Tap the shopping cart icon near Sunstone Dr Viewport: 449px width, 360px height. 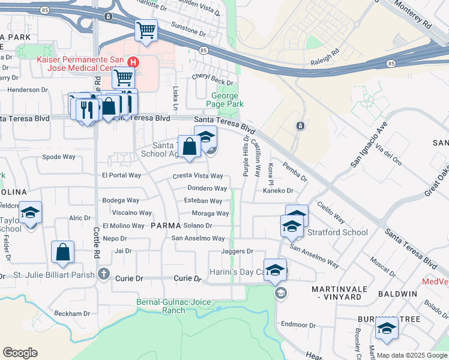pos(146,29)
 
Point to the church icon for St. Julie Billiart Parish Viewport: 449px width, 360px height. pos(104,274)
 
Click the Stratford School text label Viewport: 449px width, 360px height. pos(338,232)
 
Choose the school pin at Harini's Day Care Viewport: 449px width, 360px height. pos(275,269)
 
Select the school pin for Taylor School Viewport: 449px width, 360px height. pos(30,213)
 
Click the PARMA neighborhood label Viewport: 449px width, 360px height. pos(165,226)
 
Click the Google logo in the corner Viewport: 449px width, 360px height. pos(20,353)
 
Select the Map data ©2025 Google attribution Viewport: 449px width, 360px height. pos(412,355)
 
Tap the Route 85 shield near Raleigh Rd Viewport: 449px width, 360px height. pos(391,63)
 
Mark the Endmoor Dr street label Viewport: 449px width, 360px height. pos(294,324)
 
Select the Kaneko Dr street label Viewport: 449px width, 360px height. pos(277,191)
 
